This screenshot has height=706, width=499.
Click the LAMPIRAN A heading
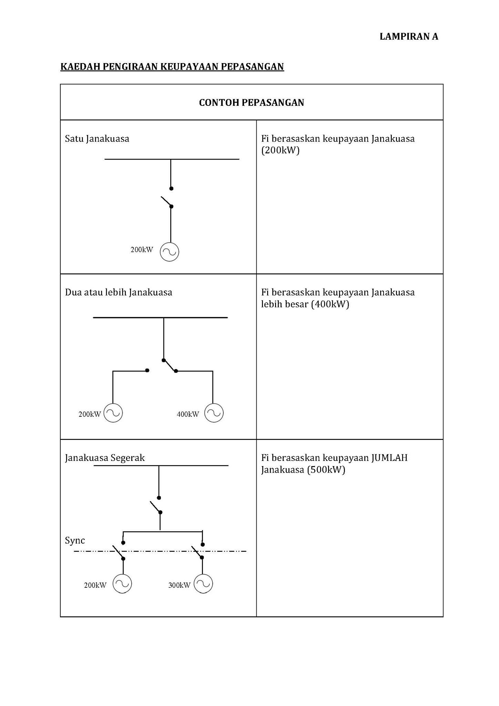[409, 37]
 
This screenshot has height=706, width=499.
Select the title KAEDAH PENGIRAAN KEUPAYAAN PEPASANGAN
[172, 67]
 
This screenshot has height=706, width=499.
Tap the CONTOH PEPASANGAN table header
[252, 103]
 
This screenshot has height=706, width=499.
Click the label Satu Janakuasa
[97, 139]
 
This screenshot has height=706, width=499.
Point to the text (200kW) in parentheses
[280, 151]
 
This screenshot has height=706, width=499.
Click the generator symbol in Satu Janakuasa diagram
[169, 252]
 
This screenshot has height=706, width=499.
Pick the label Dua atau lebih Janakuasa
[119, 293]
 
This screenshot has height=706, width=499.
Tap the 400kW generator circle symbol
[214, 413]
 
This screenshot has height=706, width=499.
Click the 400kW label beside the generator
[188, 414]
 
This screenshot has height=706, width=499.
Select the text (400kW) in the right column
[330, 304]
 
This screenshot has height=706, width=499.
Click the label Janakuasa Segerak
[105, 458]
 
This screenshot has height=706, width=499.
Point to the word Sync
[75, 541]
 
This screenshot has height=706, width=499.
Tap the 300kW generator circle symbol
[203, 584]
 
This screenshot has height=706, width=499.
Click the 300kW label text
[179, 585]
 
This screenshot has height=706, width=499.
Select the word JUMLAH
[389, 458]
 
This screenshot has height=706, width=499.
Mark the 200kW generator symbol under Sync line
[122, 584]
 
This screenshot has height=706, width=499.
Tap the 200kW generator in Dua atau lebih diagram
[113, 413]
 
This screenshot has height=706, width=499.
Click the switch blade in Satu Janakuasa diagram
[166, 202]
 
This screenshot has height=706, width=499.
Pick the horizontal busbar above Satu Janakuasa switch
[172, 159]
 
